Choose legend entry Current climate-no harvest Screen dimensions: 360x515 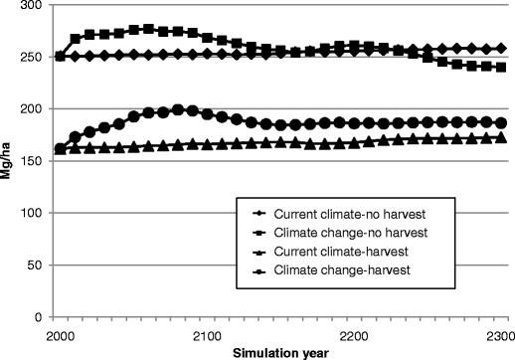point(329,213)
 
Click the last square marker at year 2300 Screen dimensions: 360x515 point(502,68)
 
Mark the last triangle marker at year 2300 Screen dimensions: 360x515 point(502,137)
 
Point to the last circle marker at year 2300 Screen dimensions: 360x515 point(502,123)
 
